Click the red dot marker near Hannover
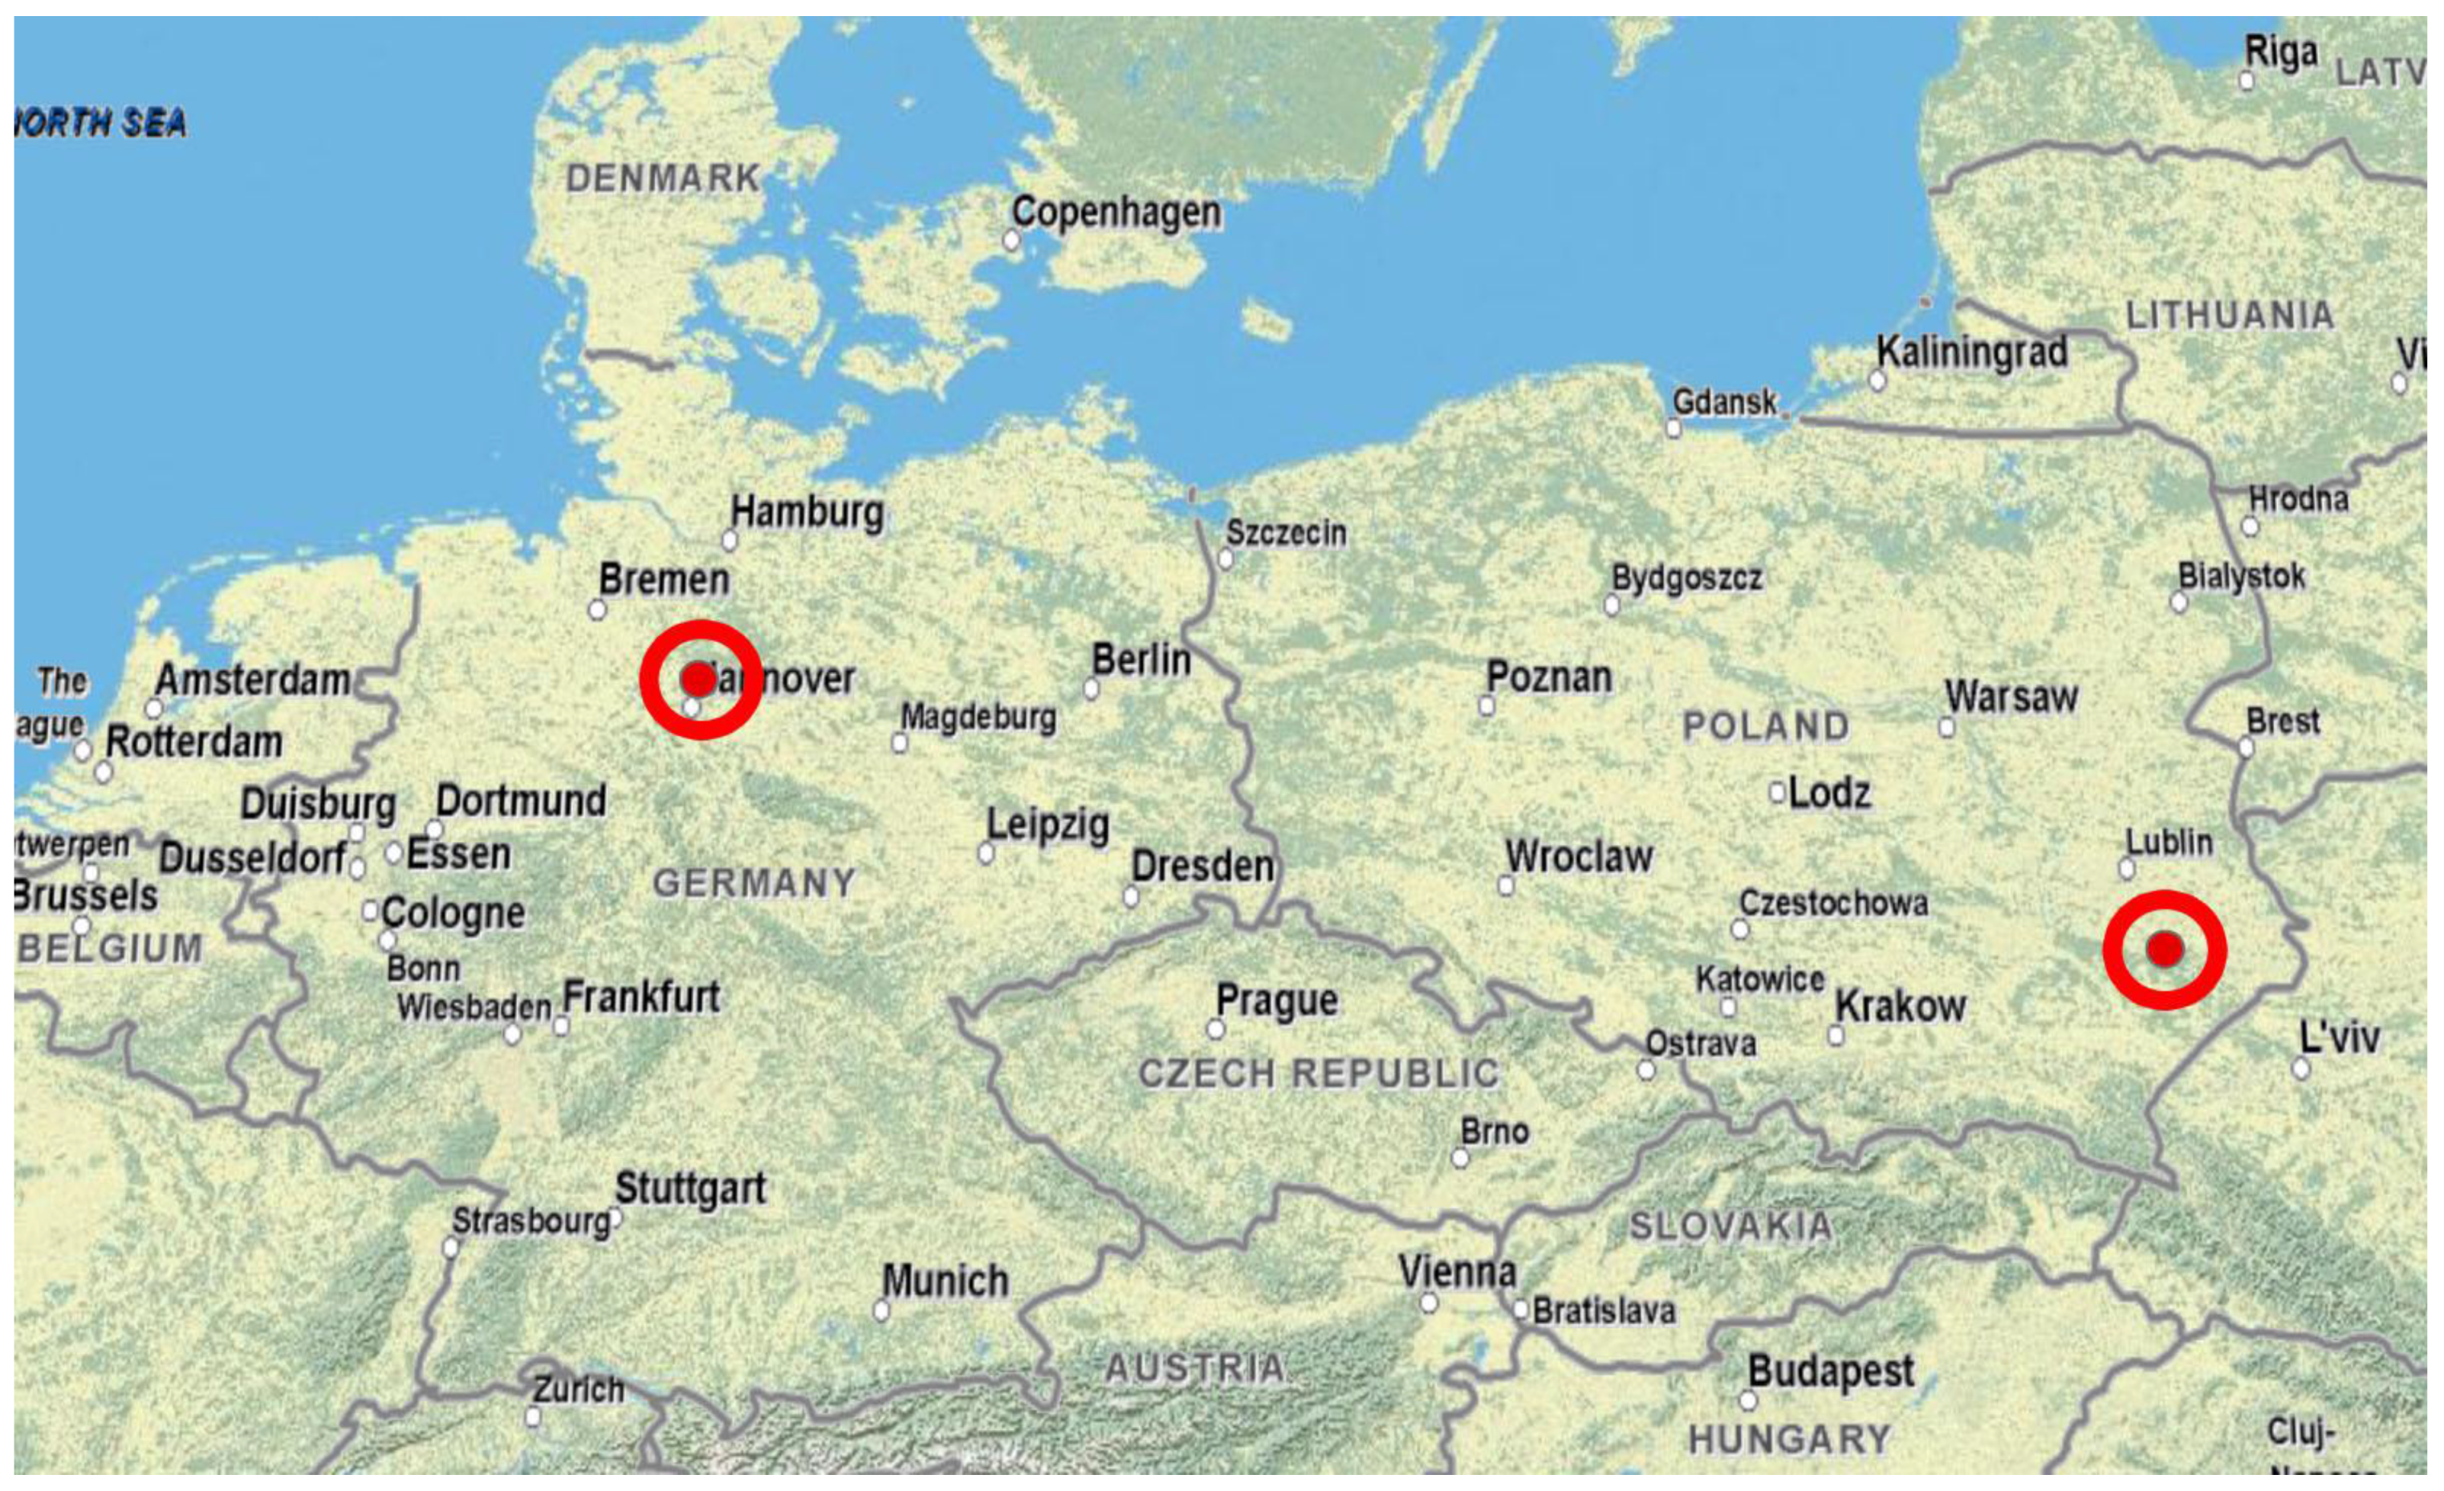[699, 680]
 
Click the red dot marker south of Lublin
[2165, 949]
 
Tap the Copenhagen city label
[1116, 213]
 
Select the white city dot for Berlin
[1091, 689]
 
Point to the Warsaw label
[2011, 697]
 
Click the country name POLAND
[1766, 727]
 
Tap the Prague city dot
[1215, 1029]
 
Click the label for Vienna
[1457, 1271]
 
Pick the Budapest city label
[1831, 1372]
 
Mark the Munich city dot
[880, 1310]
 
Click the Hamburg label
[807, 512]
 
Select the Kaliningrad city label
[1972, 352]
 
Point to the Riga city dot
[2247, 80]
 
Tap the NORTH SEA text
[101, 123]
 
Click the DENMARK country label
[663, 179]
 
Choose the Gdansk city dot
[1673, 429]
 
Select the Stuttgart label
[690, 1188]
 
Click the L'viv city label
[2339, 1038]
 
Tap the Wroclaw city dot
[1506, 886]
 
